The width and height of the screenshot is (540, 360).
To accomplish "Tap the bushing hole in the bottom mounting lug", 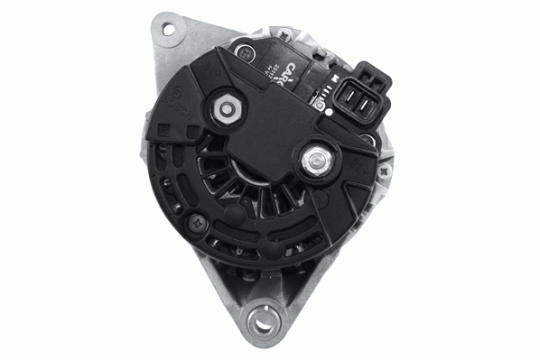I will click(264, 318).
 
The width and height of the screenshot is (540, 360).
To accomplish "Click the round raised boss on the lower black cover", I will click(233, 217).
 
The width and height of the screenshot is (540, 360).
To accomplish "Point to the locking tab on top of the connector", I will click(364, 69).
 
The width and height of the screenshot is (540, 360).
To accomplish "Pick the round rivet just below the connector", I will click(365, 140).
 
